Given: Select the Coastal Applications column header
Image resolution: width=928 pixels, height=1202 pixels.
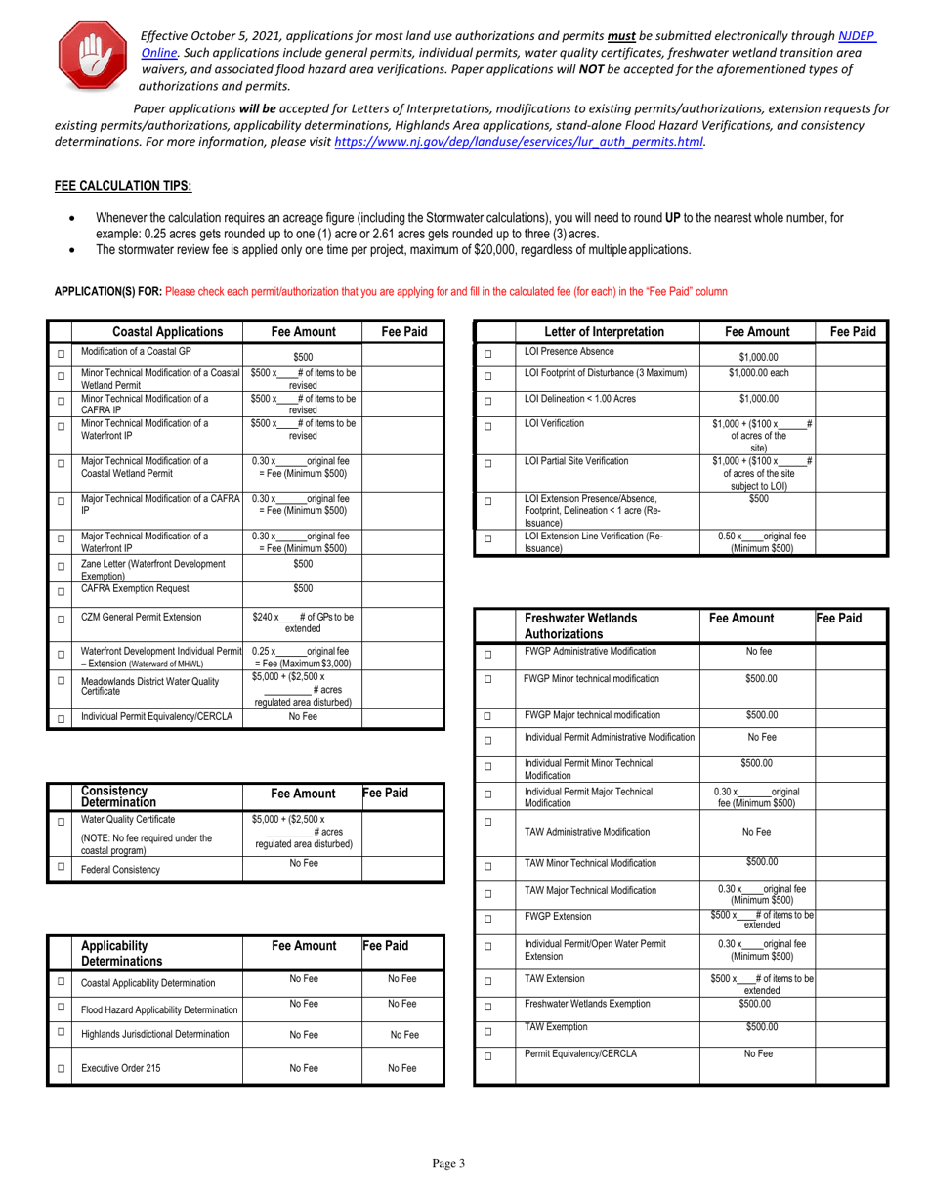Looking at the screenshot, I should pyautogui.click(x=156, y=331).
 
